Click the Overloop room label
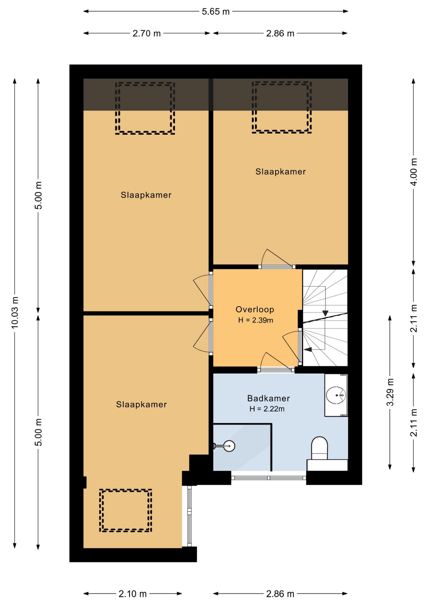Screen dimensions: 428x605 coord(255,309)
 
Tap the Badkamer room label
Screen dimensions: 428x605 coord(269,398)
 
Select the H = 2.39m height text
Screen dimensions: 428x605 coord(255,320)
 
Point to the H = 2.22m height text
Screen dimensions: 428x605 coord(267,409)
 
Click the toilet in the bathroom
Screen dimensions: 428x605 coord(320,448)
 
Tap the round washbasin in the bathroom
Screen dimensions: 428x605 coord(336,395)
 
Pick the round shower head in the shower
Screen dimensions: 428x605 coord(229,446)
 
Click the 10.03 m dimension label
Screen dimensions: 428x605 coord(15,313)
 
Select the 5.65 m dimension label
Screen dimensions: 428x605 coord(216,12)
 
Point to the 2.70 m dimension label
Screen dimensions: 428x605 coord(147,33)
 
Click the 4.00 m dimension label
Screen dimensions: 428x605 coord(414,172)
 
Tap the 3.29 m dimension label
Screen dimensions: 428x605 coord(390,392)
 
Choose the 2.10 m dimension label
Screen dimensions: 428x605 coord(133,594)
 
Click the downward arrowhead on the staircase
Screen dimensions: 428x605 coord(325,314)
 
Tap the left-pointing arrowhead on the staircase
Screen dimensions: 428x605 coord(308,349)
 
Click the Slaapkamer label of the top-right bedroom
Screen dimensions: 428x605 coord(281,172)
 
